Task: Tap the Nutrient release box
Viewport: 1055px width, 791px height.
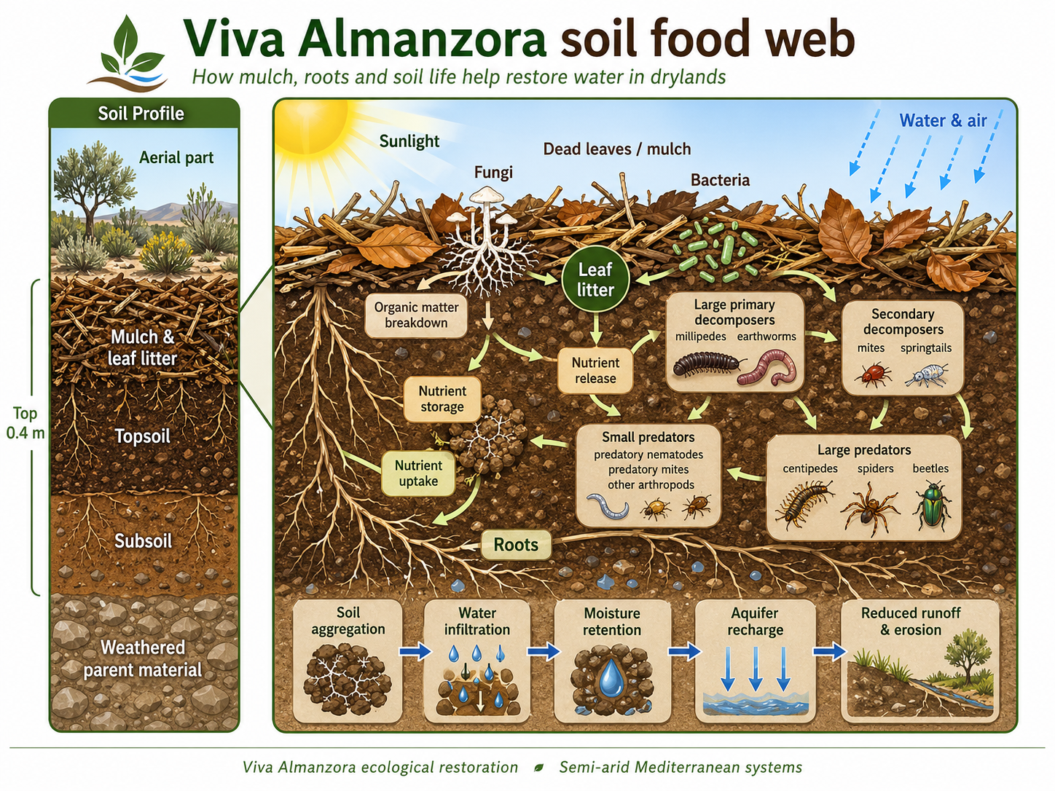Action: click(x=595, y=370)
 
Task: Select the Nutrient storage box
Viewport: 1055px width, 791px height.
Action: click(x=442, y=398)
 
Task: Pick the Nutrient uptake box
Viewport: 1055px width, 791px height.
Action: click(x=418, y=473)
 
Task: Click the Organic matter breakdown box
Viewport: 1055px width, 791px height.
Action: click(x=416, y=315)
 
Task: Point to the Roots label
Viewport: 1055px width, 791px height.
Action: click(x=516, y=545)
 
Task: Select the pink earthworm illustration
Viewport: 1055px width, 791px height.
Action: click(x=769, y=366)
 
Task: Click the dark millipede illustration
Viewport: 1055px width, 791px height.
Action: click(x=706, y=363)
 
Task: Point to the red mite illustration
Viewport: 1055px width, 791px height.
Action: click(x=872, y=374)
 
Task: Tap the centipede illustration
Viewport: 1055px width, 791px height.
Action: click(x=804, y=503)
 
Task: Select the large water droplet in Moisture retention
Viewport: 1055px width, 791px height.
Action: click(x=611, y=677)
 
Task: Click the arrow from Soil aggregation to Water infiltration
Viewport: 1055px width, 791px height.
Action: click(x=415, y=650)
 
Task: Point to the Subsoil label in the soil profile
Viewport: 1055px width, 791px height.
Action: click(x=144, y=541)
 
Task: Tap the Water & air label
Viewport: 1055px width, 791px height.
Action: click(x=943, y=121)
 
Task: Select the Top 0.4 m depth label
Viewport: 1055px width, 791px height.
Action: click(x=25, y=423)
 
